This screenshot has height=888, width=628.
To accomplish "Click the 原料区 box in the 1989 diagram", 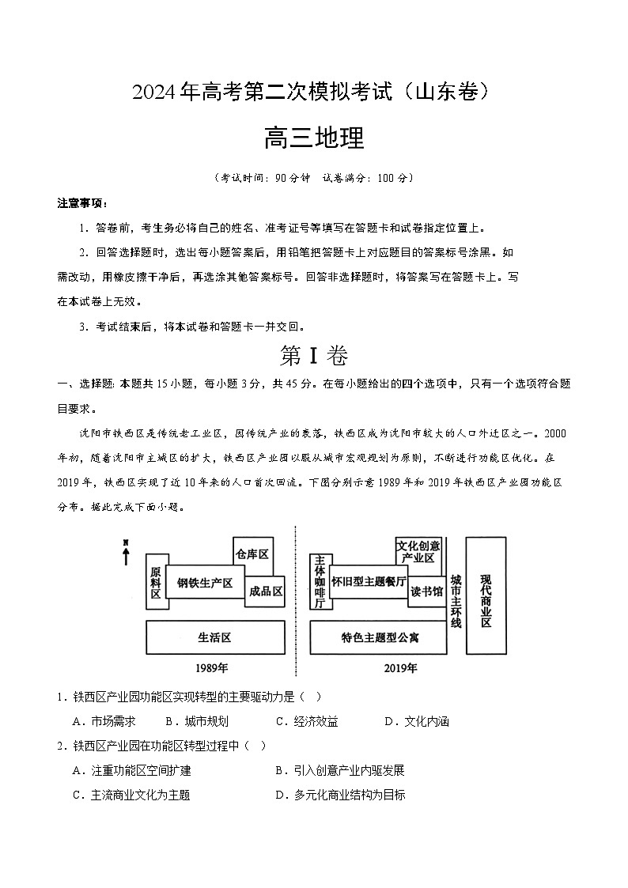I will [x=156, y=583].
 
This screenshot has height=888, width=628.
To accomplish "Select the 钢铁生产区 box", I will [x=204, y=582].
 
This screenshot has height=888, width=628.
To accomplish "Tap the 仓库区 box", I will [x=252, y=554].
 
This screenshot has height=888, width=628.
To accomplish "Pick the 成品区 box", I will [x=265, y=591].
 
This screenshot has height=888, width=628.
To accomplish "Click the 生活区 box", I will [x=215, y=637].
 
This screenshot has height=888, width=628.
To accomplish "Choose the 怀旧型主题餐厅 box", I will [x=368, y=581].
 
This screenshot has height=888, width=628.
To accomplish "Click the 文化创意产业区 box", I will [x=418, y=552].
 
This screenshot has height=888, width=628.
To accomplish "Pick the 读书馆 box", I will [x=426, y=591].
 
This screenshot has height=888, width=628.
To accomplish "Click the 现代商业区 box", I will [x=486, y=595].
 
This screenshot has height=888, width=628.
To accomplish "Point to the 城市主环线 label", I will [x=456, y=600].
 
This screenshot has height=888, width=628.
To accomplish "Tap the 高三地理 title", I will [x=314, y=138].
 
